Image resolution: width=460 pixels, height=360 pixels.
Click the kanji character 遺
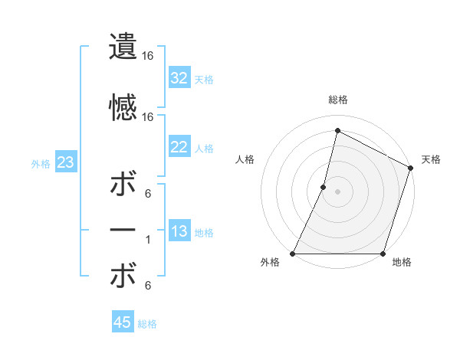(123, 47)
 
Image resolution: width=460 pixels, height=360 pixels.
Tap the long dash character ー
(123, 230)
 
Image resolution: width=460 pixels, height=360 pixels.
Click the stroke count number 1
(149, 240)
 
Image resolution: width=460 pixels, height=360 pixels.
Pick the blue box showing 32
(179, 77)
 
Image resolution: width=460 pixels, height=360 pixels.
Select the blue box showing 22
(179, 147)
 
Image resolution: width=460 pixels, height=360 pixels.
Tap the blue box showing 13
(179, 232)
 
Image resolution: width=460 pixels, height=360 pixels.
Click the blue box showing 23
(65, 162)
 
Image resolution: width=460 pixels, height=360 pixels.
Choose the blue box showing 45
(123, 322)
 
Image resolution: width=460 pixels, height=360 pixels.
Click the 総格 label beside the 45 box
(147, 324)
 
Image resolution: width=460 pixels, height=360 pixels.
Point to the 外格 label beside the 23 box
(41, 163)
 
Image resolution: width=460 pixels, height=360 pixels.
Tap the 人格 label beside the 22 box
(204, 148)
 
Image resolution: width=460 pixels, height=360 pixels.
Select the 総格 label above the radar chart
(337, 100)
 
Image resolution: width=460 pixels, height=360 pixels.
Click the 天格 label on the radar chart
(431, 159)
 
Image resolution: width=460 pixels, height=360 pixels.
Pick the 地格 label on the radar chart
(401, 263)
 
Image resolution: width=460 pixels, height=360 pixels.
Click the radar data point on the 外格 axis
(293, 254)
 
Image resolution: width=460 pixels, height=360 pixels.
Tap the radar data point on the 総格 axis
(337, 131)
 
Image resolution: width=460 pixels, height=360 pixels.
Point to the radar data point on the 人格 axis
(324, 187)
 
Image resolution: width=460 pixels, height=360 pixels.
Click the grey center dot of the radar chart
(337, 191)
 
